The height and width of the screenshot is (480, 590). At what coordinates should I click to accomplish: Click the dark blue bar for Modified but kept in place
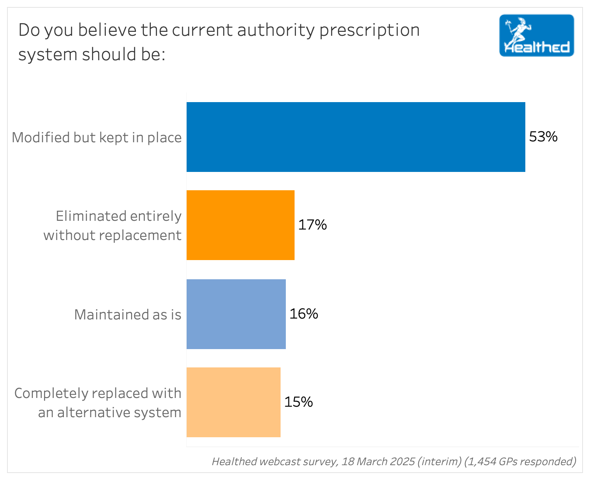(x=356, y=137)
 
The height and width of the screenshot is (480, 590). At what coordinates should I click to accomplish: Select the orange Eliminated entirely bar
(x=240, y=225)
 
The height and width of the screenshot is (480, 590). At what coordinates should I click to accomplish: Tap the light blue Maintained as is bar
(x=236, y=314)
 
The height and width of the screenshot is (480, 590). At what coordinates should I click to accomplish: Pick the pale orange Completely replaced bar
(x=233, y=402)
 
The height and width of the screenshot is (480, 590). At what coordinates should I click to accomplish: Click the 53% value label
(x=543, y=137)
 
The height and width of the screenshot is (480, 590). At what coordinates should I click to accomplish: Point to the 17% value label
(x=312, y=225)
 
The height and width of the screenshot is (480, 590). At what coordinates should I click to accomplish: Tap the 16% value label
(x=304, y=314)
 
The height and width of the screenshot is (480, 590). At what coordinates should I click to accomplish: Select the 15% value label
(x=298, y=402)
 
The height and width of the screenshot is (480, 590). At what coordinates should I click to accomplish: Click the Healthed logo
(x=537, y=36)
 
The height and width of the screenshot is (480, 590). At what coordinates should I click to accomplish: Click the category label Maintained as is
(x=128, y=315)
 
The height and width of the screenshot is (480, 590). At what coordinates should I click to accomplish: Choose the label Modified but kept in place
(x=97, y=137)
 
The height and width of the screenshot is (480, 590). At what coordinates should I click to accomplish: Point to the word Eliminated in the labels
(x=91, y=216)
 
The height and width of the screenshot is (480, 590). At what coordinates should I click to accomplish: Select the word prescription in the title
(x=370, y=31)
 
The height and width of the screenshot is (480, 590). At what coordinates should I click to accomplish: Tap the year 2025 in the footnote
(x=399, y=461)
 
